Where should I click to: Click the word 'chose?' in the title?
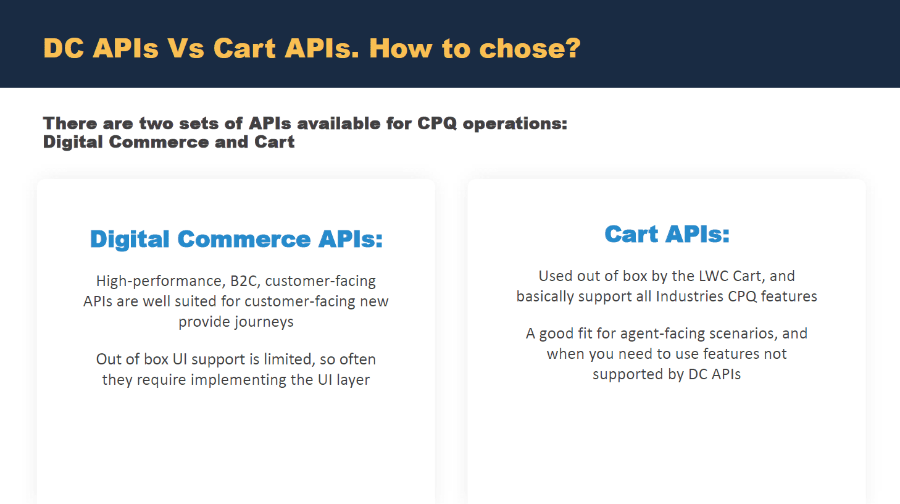530,48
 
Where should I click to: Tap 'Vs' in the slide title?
186,48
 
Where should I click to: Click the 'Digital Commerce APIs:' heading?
236,239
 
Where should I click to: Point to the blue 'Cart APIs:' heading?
667,234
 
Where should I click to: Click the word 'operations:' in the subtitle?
515,124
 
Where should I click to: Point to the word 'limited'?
288,359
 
